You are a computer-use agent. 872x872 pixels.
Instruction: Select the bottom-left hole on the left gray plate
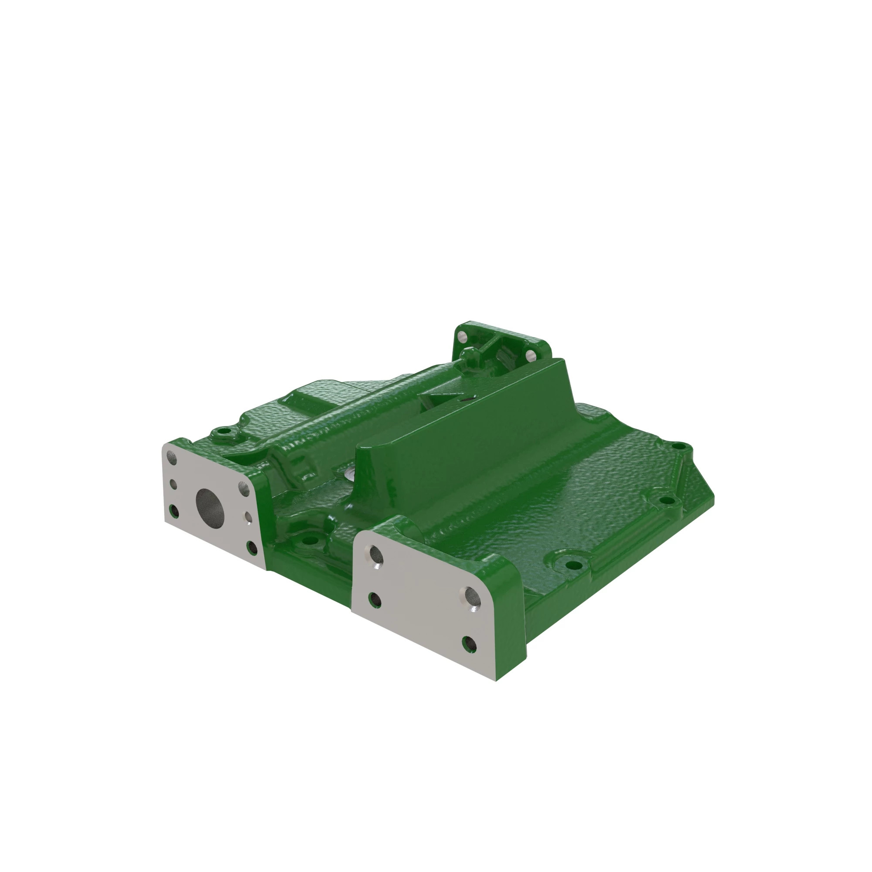tap(174, 511)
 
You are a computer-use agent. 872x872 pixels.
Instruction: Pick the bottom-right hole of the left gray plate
tap(252, 548)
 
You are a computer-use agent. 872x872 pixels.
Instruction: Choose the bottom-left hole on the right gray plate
tap(375, 600)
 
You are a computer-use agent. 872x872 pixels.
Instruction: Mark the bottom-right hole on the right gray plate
tap(470, 644)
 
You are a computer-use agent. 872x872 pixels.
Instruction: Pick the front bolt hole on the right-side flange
tap(573, 565)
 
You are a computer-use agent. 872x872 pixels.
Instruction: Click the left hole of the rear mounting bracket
tap(461, 336)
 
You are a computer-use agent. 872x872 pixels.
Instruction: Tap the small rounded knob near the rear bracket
tap(470, 355)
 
